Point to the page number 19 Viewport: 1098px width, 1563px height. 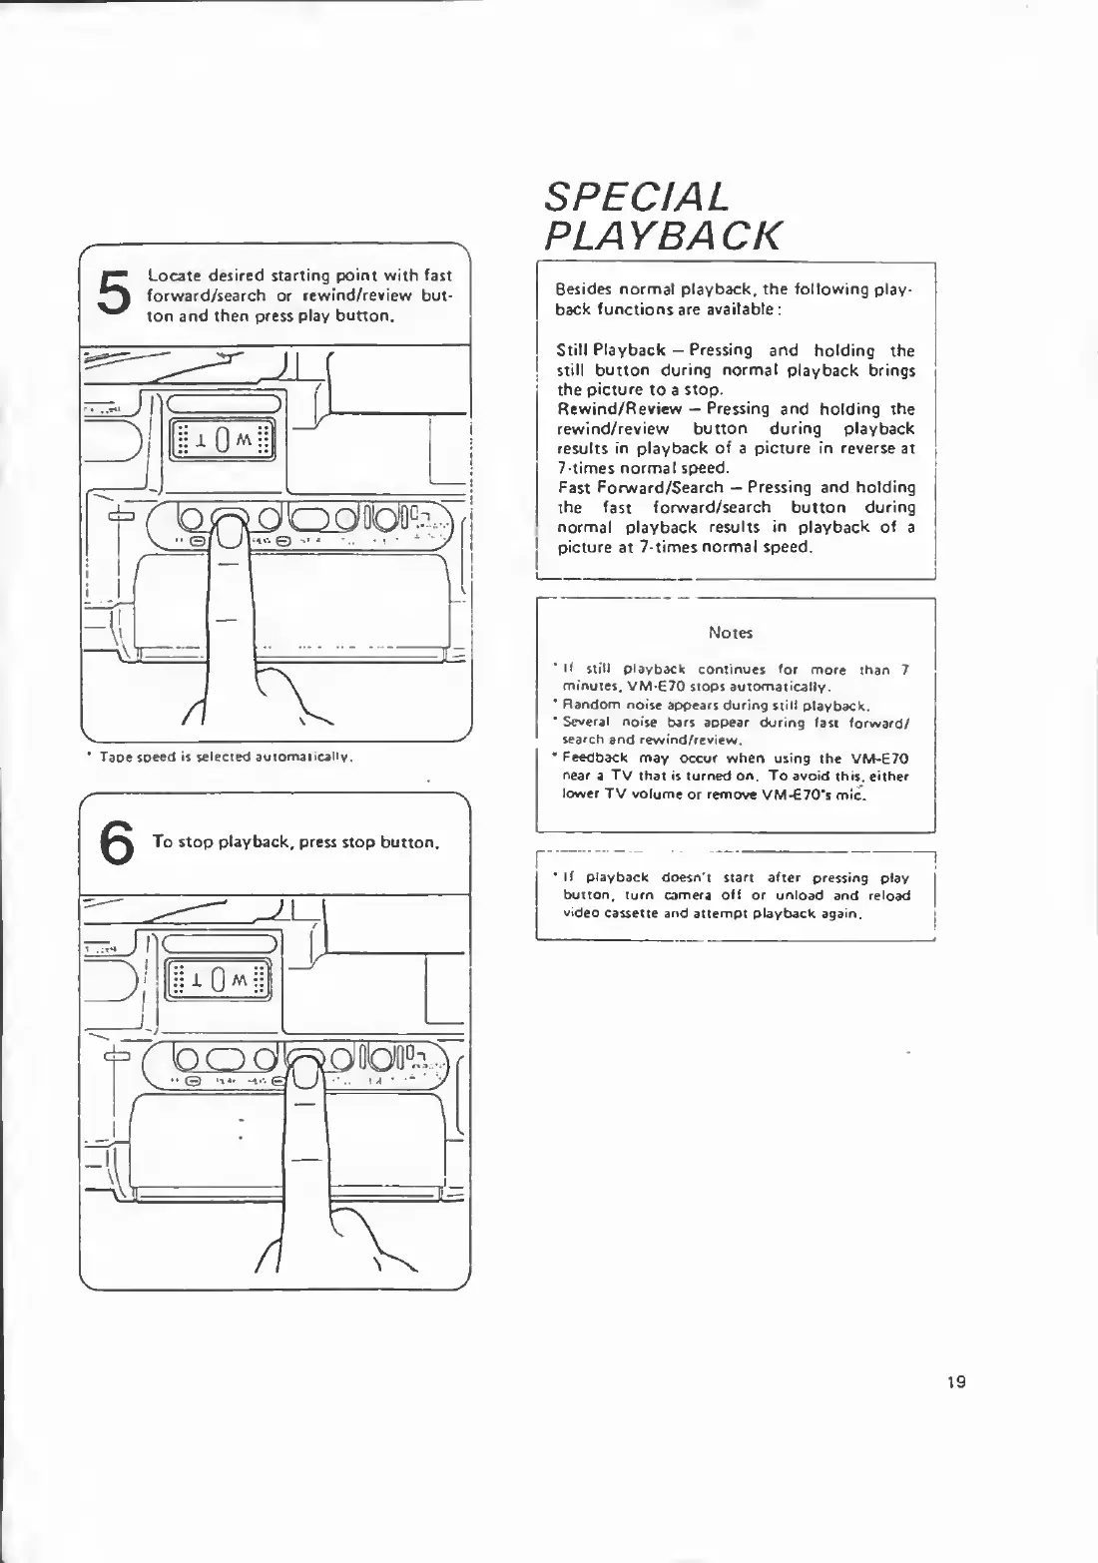click(955, 1382)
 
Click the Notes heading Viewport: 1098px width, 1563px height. click(730, 633)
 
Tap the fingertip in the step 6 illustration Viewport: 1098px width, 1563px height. click(305, 1077)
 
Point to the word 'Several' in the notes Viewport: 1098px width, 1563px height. click(586, 723)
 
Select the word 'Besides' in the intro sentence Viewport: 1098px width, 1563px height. click(583, 290)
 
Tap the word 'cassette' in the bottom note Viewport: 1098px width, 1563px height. click(623, 913)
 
